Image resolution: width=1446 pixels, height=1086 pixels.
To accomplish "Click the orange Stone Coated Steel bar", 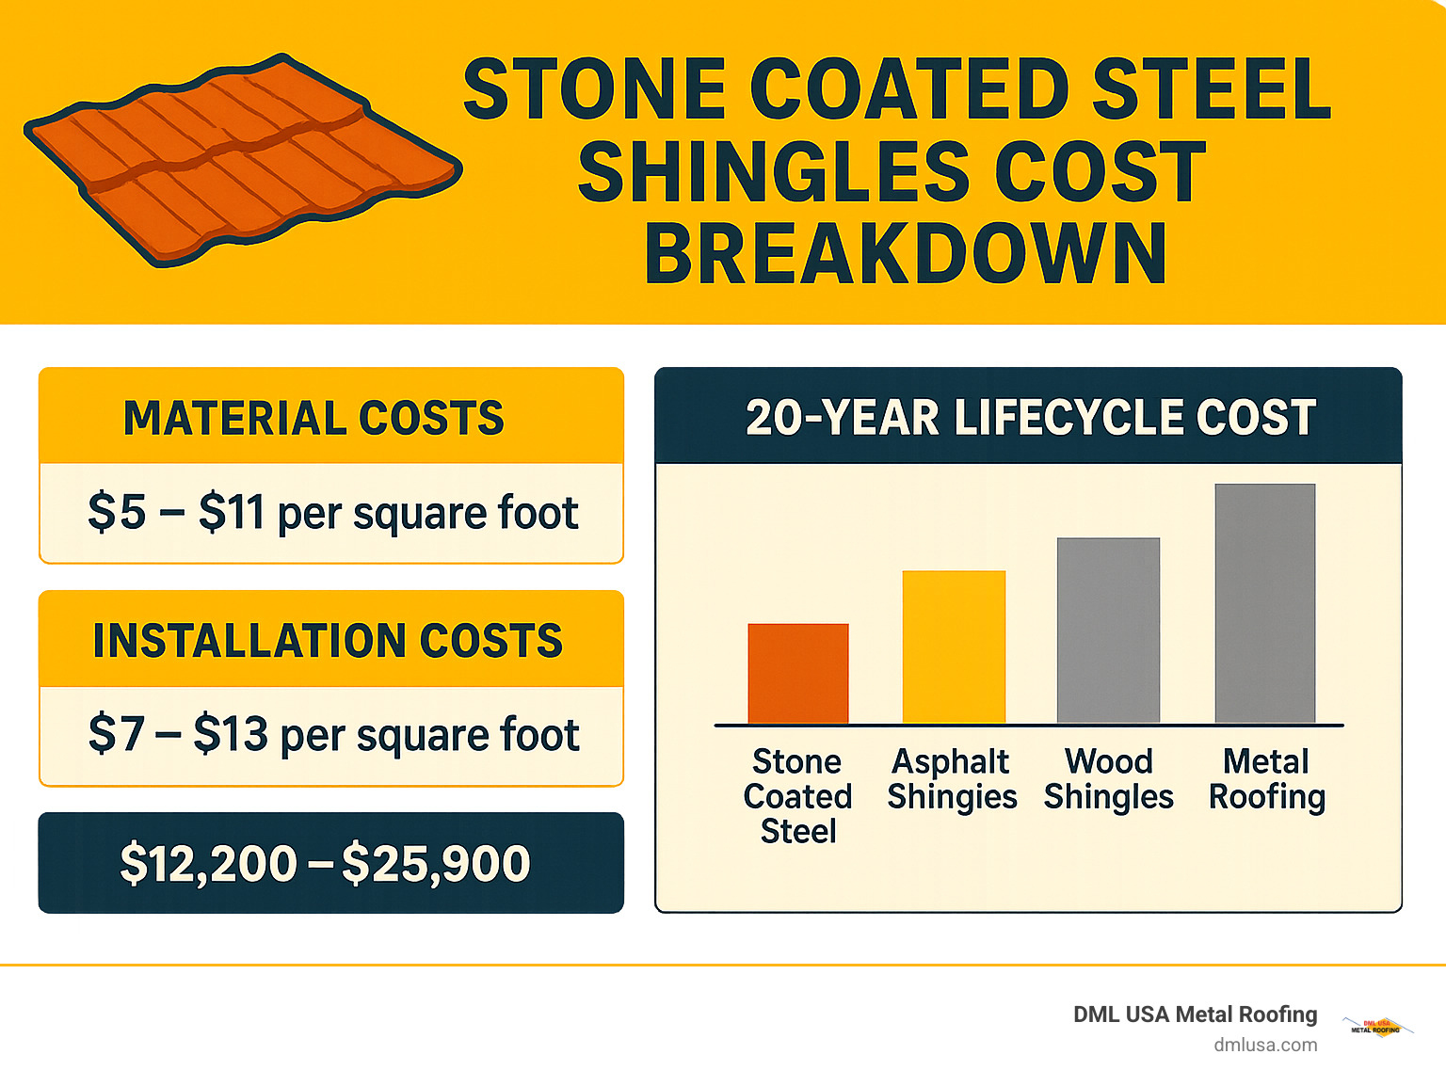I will (x=798, y=674).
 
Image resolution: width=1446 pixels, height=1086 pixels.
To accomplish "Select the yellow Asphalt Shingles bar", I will (x=954, y=647).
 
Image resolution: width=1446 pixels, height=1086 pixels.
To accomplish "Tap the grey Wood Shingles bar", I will (x=1108, y=631).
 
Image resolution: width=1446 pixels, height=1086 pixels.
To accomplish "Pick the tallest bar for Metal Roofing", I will (x=1264, y=603).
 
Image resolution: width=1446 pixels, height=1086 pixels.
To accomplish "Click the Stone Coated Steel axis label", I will (x=798, y=796).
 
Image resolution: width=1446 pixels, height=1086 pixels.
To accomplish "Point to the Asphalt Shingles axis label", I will (x=952, y=779).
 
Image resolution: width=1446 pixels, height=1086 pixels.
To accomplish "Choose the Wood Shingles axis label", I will (x=1108, y=779).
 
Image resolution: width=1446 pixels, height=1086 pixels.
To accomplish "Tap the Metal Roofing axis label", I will (x=1266, y=779).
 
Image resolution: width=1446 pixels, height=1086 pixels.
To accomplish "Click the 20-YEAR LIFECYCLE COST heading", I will (x=1030, y=418).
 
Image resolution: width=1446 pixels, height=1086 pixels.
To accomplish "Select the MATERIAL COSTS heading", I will (x=313, y=418).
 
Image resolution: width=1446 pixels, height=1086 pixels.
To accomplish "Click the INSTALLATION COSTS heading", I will (x=328, y=641).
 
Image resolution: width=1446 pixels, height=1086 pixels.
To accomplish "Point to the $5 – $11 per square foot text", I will (x=332, y=514).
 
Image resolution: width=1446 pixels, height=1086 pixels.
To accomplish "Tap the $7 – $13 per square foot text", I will (x=333, y=735).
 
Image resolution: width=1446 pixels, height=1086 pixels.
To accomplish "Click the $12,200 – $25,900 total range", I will (x=325, y=864).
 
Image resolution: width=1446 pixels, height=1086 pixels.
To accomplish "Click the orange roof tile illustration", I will (x=240, y=160).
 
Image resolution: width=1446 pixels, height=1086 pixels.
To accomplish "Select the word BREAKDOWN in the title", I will (x=906, y=254).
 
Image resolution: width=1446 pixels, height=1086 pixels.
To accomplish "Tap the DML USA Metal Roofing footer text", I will (x=1195, y=1014).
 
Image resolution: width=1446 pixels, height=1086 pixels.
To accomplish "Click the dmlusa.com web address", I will (x=1265, y=1045).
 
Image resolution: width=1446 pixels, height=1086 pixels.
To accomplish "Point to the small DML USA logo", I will (x=1376, y=1028).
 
